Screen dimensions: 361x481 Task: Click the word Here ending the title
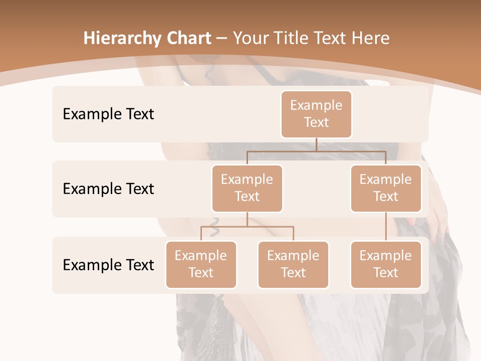(371, 39)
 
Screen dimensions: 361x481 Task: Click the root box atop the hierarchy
(316, 114)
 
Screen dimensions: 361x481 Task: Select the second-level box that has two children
(247, 188)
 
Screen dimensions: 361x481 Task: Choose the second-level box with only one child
(386, 188)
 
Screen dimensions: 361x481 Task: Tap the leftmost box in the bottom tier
(201, 264)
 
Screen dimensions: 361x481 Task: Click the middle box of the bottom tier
(293, 264)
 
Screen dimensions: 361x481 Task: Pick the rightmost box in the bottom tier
(386, 264)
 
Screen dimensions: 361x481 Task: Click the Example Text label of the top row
(108, 114)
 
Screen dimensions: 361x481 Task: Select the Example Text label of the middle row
(108, 189)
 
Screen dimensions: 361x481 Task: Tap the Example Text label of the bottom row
(108, 265)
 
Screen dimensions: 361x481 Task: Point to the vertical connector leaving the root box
(316, 144)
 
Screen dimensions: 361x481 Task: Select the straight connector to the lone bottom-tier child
(386, 227)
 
